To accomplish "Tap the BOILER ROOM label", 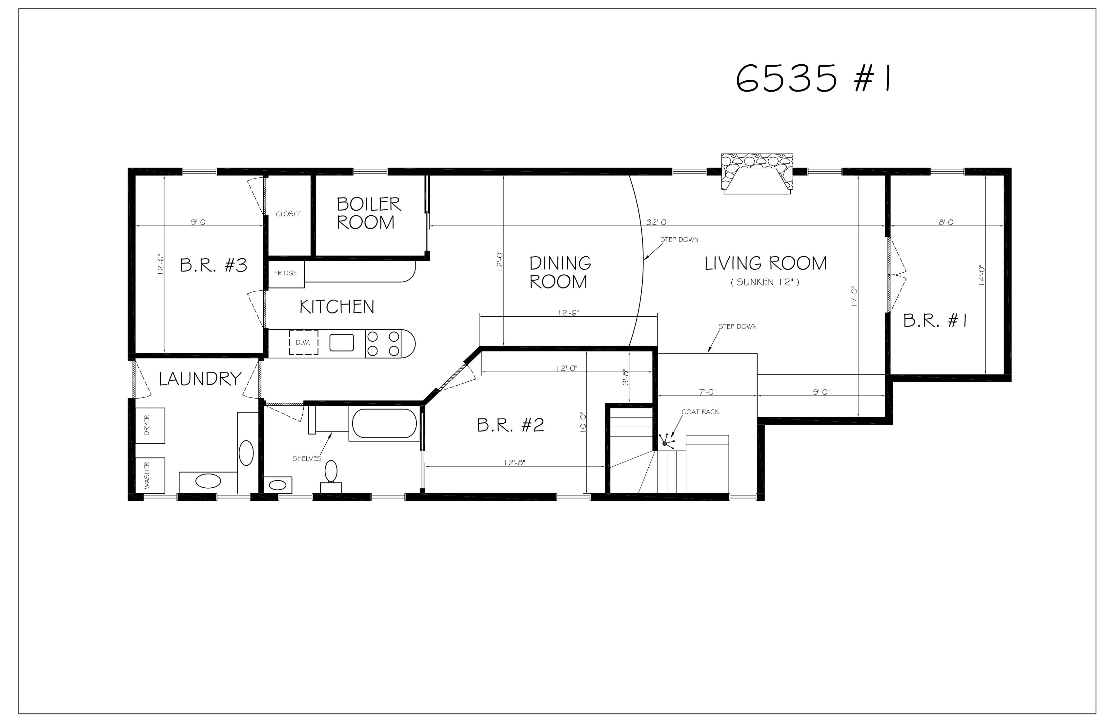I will coord(368,213).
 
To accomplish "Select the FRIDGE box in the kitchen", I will coord(286,274).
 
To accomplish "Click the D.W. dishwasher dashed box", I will coord(303,343).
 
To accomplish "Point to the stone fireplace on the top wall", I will coord(757,173).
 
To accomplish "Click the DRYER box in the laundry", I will coord(150,425).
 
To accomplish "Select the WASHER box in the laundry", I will coord(150,475).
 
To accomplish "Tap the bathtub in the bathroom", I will coord(384,424).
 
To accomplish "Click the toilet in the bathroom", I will coord(331,474).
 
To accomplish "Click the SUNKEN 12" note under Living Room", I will coord(764,282).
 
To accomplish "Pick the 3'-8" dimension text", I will coord(625,376).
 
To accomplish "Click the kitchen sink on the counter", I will coord(341,343).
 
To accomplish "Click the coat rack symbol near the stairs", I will coord(665,443).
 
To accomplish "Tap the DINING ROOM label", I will coord(559,272).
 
